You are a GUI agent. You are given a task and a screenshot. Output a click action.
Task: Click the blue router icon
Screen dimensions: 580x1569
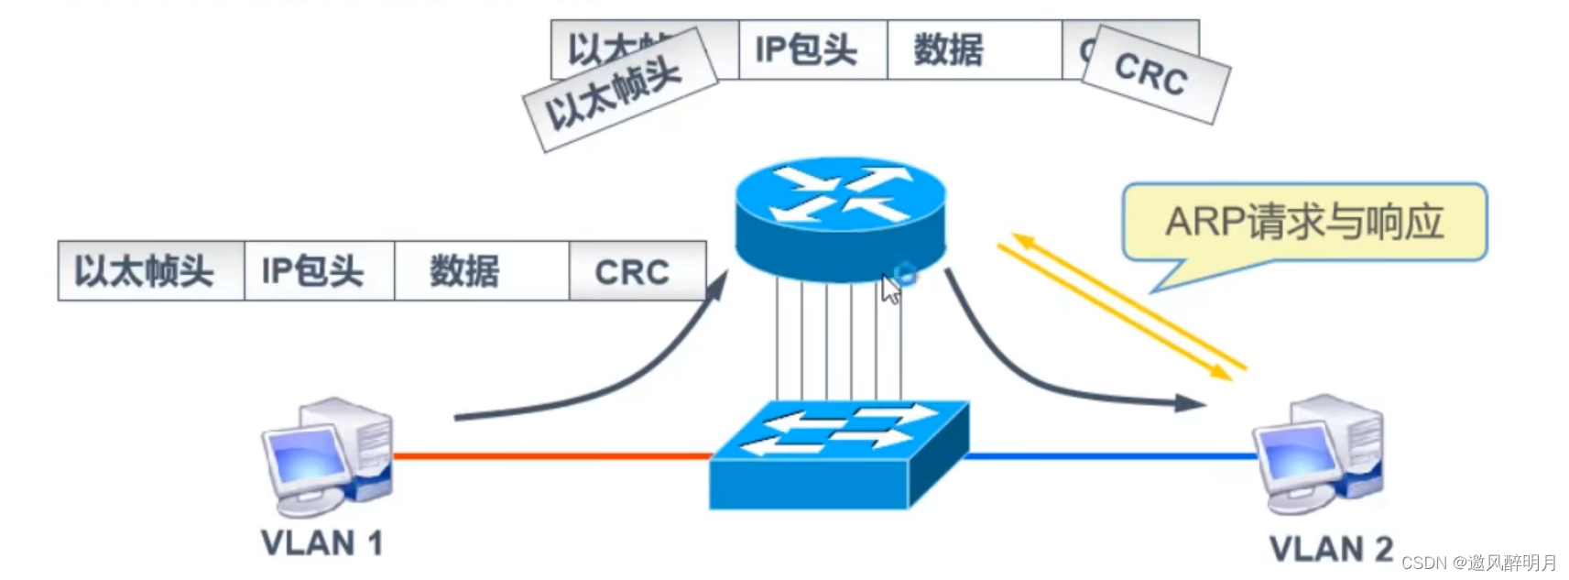[x=840, y=218]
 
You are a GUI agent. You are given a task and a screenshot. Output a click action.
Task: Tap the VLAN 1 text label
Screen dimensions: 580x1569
[x=321, y=543]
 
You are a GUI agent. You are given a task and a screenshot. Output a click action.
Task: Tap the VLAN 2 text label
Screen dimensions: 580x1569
[x=1330, y=549]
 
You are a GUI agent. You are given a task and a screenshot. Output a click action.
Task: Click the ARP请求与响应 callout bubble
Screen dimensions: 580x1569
[x=1303, y=223]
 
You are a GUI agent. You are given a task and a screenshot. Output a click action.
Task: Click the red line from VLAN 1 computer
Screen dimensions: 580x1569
[x=550, y=455]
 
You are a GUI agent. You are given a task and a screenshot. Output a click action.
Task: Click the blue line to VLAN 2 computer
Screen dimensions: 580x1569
[x=1108, y=455]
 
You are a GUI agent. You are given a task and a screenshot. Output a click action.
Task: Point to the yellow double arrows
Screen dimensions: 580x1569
[x=1122, y=307]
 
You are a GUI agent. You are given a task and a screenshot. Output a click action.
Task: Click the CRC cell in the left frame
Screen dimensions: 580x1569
[x=636, y=271]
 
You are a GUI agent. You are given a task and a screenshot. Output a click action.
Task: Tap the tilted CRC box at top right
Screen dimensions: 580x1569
[x=1154, y=74]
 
